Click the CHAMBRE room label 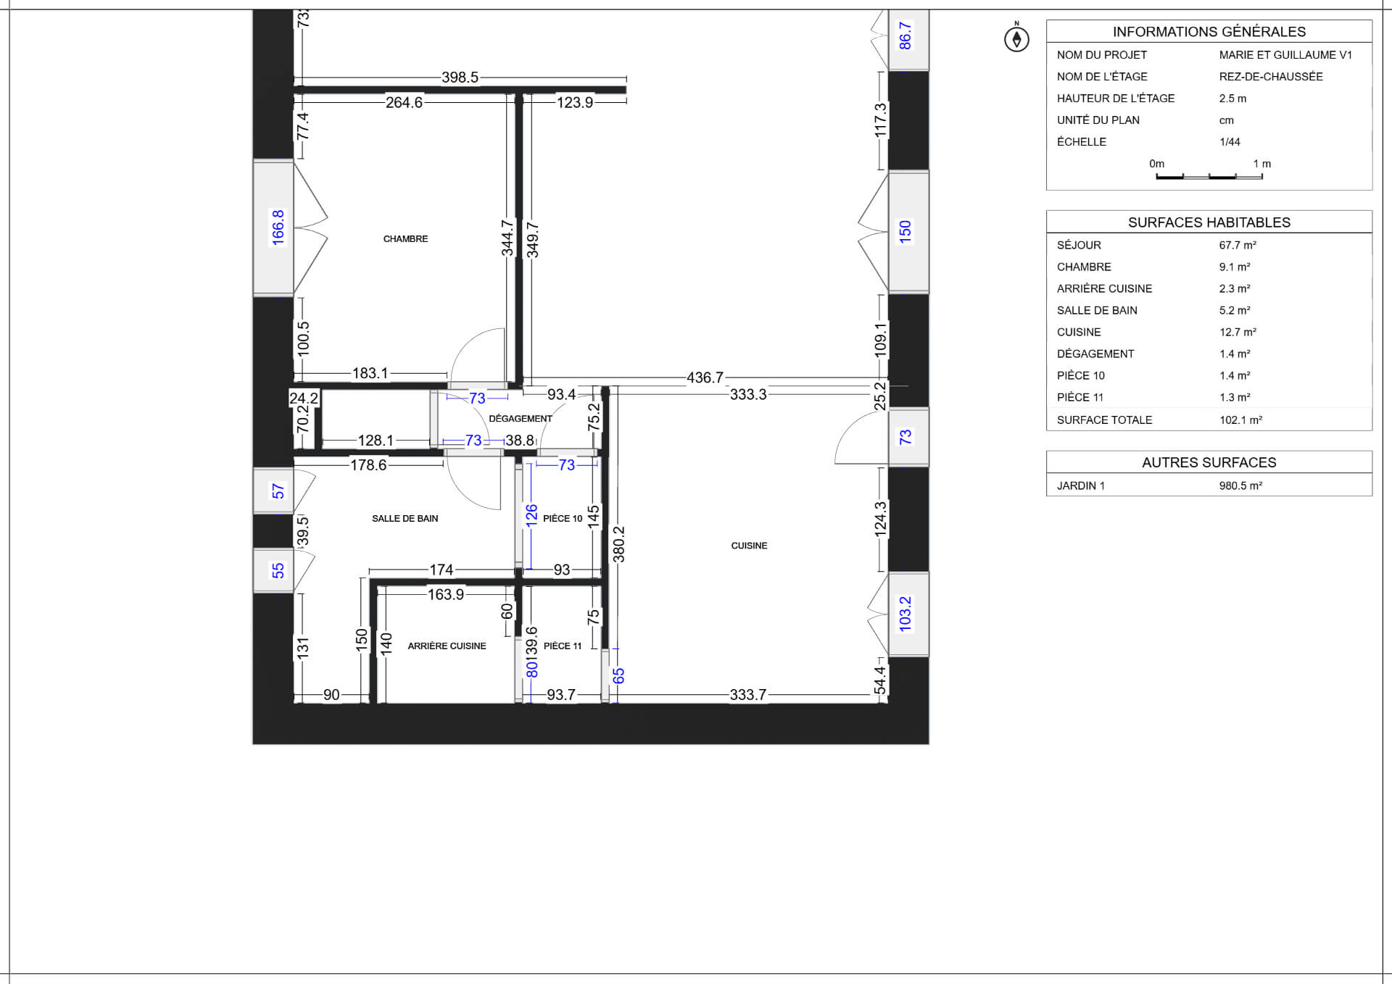pyautogui.click(x=405, y=239)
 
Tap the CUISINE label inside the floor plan pyautogui.click(x=749, y=546)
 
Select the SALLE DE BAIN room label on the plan pyautogui.click(x=405, y=518)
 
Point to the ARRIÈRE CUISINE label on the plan pyautogui.click(x=447, y=646)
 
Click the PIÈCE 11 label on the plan pyautogui.click(x=563, y=646)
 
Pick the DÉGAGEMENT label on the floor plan pyautogui.click(x=521, y=418)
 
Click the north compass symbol pyautogui.click(x=1016, y=38)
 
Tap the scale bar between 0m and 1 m pyautogui.click(x=1209, y=176)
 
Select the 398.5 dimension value pyautogui.click(x=460, y=78)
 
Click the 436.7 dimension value pyautogui.click(x=705, y=378)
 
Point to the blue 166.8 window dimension pyautogui.click(x=278, y=228)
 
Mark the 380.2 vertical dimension pyautogui.click(x=618, y=544)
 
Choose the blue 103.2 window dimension pyautogui.click(x=905, y=614)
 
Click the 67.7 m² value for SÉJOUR pyautogui.click(x=1238, y=245)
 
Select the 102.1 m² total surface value pyautogui.click(x=1240, y=420)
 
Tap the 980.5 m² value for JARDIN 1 pyautogui.click(x=1240, y=485)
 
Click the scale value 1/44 pyautogui.click(x=1230, y=142)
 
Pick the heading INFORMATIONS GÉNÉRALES pyautogui.click(x=1209, y=32)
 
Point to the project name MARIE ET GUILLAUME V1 pyautogui.click(x=1285, y=55)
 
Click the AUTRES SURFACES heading pyautogui.click(x=1209, y=462)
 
